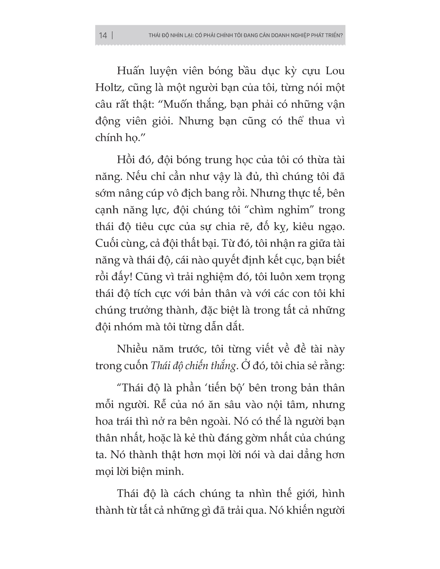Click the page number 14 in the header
click(103, 35)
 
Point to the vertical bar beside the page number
click(112, 35)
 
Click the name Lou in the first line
click(335, 71)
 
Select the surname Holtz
click(108, 88)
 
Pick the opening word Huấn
click(131, 71)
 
